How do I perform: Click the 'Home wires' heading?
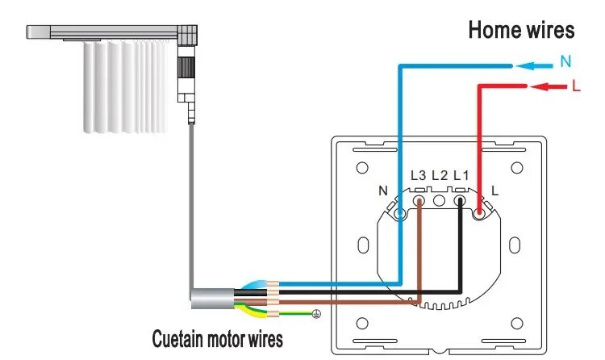521,31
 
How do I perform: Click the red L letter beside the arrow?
575,86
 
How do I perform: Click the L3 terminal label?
418,175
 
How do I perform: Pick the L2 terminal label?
440,175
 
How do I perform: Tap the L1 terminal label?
461,175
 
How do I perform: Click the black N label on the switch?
383,191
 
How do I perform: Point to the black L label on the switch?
494,191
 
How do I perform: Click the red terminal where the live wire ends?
481,214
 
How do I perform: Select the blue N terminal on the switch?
401,214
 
